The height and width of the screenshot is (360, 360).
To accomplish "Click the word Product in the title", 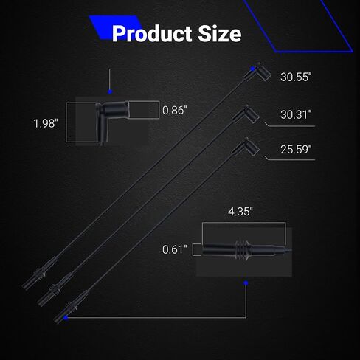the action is click(x=152, y=34).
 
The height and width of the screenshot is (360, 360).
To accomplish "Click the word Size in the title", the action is click(x=220, y=34).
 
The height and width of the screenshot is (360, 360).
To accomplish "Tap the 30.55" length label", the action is click(x=296, y=77).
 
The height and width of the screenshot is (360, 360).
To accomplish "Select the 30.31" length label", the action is click(x=296, y=114).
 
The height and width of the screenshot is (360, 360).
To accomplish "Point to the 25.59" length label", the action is click(x=296, y=149).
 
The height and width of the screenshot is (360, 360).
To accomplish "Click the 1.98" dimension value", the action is click(x=46, y=123).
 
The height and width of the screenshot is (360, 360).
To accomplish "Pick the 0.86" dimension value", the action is click(x=175, y=111).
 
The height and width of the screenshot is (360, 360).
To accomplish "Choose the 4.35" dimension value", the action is click(x=240, y=212).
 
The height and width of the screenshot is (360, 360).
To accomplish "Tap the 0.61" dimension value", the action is click(x=175, y=250).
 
